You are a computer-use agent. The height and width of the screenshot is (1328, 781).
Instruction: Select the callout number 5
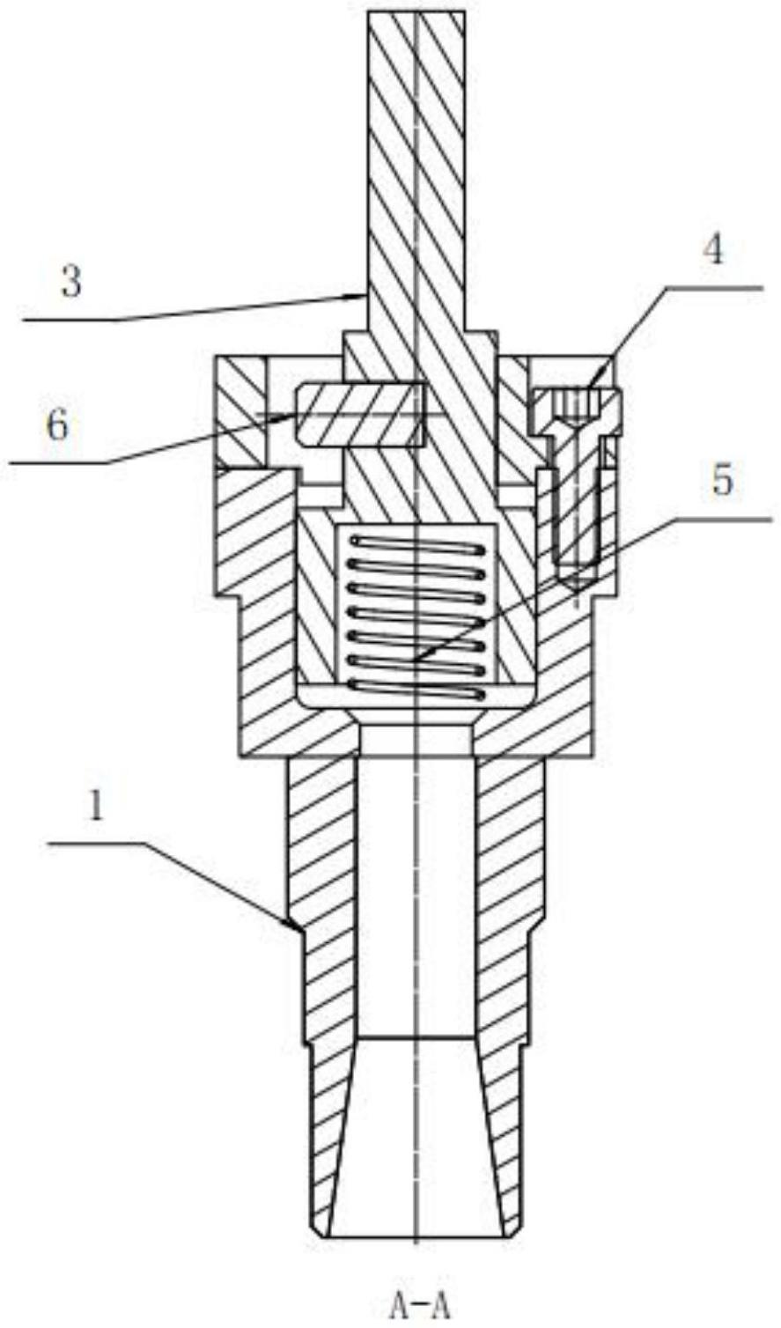tap(722, 481)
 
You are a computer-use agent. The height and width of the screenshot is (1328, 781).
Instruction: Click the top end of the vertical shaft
tap(416, 14)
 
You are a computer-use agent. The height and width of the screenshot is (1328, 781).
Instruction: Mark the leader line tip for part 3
tap(360, 298)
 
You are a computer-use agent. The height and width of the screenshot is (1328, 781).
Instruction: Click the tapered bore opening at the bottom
tap(416, 1228)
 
